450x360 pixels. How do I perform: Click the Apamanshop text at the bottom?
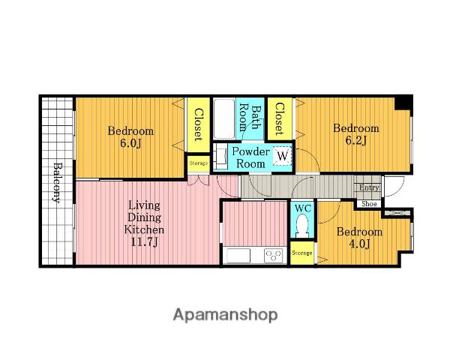pyautogui.click(x=225, y=315)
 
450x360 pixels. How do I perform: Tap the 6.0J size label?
pyautogui.click(x=130, y=143)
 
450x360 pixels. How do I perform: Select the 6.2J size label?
pyautogui.click(x=355, y=140)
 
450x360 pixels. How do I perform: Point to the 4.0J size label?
pyautogui.click(x=359, y=244)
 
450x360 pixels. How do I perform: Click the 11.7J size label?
pyautogui.click(x=144, y=242)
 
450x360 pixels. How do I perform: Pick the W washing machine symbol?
pyautogui.click(x=283, y=156)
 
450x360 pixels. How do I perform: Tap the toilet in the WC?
pyautogui.click(x=302, y=225)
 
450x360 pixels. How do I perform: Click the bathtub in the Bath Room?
pyautogui.click(x=224, y=118)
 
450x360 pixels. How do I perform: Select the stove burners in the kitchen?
pyautogui.click(x=274, y=255)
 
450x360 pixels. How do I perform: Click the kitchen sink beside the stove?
pyautogui.click(x=238, y=256)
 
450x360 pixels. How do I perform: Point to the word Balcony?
pyautogui.click(x=57, y=183)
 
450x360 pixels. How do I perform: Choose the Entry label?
pyautogui.click(x=369, y=187)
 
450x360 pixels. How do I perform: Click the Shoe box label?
pyautogui.click(x=369, y=204)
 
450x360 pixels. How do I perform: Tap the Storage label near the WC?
pyautogui.click(x=302, y=253)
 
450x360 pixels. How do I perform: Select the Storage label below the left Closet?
pyautogui.click(x=199, y=163)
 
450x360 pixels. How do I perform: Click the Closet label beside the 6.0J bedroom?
pyautogui.click(x=198, y=124)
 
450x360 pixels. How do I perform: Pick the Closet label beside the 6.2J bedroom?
pyautogui.click(x=280, y=118)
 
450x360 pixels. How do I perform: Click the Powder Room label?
pyautogui.click(x=250, y=157)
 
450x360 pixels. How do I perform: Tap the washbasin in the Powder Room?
pyautogui.click(x=221, y=157)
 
